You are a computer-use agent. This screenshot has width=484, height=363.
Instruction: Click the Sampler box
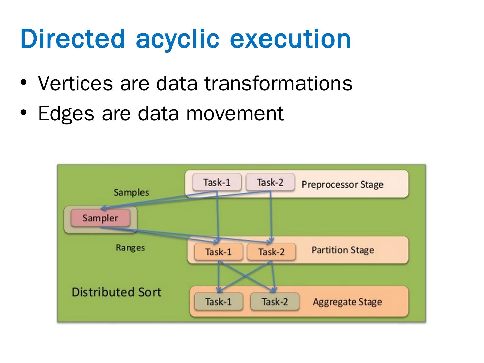[x=100, y=218]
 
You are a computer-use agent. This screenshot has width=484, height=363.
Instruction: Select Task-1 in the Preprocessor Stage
[x=217, y=182]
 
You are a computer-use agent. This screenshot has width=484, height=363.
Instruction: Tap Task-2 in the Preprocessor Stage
[x=270, y=182]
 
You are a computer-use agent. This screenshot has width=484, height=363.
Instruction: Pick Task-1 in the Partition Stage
[x=218, y=252]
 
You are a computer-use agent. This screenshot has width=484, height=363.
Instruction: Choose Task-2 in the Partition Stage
[x=271, y=252]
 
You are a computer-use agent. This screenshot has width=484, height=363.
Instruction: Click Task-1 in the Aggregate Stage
[x=218, y=301]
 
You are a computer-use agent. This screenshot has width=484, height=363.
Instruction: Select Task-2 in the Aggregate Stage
[x=275, y=301]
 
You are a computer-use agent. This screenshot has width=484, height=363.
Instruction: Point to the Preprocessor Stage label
[x=342, y=184]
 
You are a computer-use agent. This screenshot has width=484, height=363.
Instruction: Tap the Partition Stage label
[x=342, y=250]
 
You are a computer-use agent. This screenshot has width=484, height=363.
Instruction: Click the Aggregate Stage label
[x=347, y=301]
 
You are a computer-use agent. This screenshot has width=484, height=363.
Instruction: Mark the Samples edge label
[x=131, y=192]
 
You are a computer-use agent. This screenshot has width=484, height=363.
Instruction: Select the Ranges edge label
[x=130, y=248]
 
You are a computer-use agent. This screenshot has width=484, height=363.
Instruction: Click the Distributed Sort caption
[x=116, y=292]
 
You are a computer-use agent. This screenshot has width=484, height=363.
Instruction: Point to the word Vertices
[x=75, y=83]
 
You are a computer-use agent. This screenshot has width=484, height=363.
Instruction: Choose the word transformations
[x=278, y=83]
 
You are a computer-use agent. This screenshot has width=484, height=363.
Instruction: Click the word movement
[x=235, y=113]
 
